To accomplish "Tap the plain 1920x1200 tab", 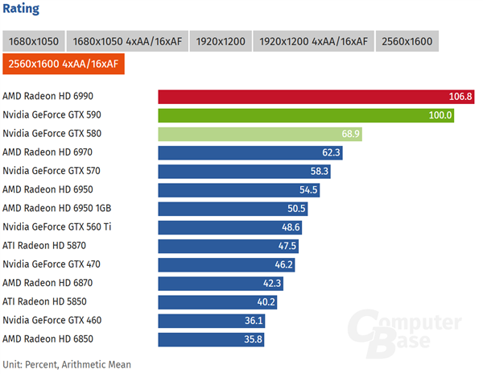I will pos(220,41).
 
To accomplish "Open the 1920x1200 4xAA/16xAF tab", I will pos(314,41).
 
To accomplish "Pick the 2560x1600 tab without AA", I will pos(407,41).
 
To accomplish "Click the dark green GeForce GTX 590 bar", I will pos(307,115).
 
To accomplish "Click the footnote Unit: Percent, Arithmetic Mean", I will pos(66,364).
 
